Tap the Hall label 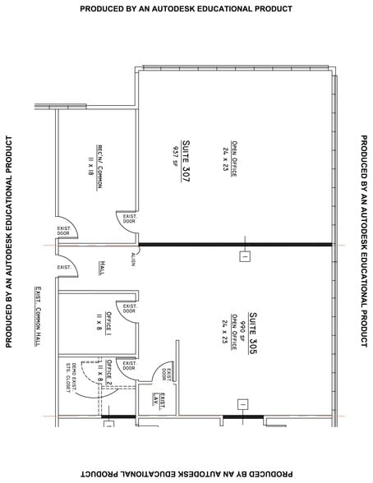click(x=103, y=268)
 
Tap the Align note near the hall click(x=132, y=259)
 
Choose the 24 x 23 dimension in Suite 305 click(x=223, y=327)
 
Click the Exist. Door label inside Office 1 click(x=129, y=309)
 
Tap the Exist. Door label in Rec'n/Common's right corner click(x=129, y=219)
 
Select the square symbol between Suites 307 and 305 click(x=244, y=256)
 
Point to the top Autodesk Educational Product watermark click(x=186, y=8)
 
